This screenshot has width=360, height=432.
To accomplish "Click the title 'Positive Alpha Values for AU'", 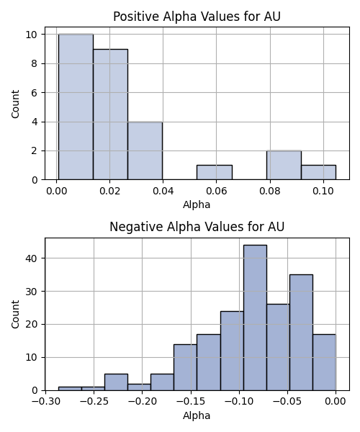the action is pyautogui.click(x=197, y=17).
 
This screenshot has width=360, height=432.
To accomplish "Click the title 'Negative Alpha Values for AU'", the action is pyautogui.click(x=197, y=227).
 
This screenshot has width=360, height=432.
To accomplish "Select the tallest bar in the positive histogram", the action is pyautogui.click(x=76, y=107).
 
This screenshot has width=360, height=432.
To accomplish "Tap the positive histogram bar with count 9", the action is pyautogui.click(x=110, y=114).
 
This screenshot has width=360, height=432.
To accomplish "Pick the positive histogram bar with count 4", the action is pyautogui.click(x=145, y=150).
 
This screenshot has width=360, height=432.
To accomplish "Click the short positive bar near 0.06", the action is pyautogui.click(x=215, y=173).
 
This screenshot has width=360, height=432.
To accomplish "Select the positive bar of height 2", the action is pyautogui.click(x=284, y=166).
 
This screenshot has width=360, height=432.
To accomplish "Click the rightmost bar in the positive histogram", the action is pyautogui.click(x=319, y=173).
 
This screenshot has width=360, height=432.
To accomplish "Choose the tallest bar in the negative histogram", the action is pyautogui.click(x=255, y=318).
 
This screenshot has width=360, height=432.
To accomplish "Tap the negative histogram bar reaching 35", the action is pyautogui.click(x=301, y=333).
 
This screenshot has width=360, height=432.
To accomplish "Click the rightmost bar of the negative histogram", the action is pyautogui.click(x=324, y=362).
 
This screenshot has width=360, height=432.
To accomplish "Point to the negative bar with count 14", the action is pyautogui.click(x=185, y=367).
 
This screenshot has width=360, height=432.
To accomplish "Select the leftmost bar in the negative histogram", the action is pyautogui.click(x=70, y=389).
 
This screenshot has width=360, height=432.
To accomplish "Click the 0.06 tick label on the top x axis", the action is pyautogui.click(x=216, y=191).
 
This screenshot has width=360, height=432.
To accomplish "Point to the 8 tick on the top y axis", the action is pyautogui.click(x=35, y=63).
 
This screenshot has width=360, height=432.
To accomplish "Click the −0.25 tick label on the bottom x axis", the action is pyautogui.click(x=94, y=401).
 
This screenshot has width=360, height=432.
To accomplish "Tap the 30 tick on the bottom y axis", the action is pyautogui.click(x=32, y=292).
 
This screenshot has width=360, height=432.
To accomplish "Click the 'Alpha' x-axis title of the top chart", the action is pyautogui.click(x=197, y=204).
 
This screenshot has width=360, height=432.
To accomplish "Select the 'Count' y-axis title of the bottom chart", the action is pyautogui.click(x=15, y=315).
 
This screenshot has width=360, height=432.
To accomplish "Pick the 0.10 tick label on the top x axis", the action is pyautogui.click(x=323, y=191).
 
